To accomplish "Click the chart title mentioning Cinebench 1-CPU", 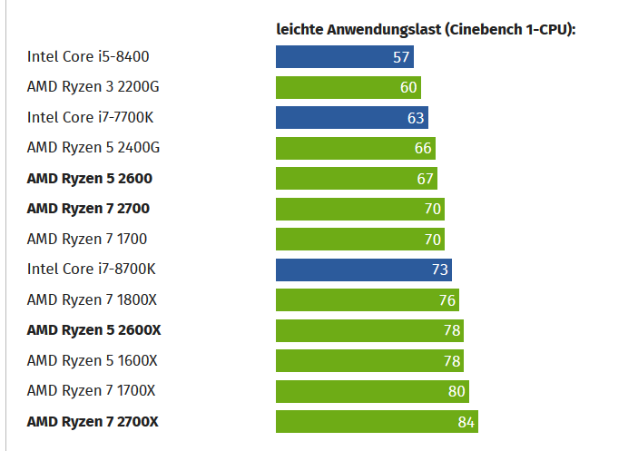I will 426,29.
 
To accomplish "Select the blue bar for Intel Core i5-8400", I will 344,57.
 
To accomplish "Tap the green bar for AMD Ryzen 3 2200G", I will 348,87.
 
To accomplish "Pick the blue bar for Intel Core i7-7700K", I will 351,117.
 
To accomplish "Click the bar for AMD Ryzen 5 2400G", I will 355,148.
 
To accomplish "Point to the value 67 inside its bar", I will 426,179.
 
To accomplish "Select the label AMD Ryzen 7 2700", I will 88,209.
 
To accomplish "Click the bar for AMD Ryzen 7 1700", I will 359,240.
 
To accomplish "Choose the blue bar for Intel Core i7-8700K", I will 363,270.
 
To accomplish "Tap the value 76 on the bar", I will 447,300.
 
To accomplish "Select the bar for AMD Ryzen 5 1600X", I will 369,361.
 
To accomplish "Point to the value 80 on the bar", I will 456,392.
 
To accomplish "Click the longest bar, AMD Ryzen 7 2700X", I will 377,422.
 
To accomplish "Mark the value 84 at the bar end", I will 466,422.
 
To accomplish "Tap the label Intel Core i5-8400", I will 88,57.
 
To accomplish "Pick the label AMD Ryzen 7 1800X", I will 92,300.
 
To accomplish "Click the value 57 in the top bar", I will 402,57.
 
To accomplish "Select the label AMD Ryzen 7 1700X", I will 91,391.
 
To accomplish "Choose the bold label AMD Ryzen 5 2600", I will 88,178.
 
